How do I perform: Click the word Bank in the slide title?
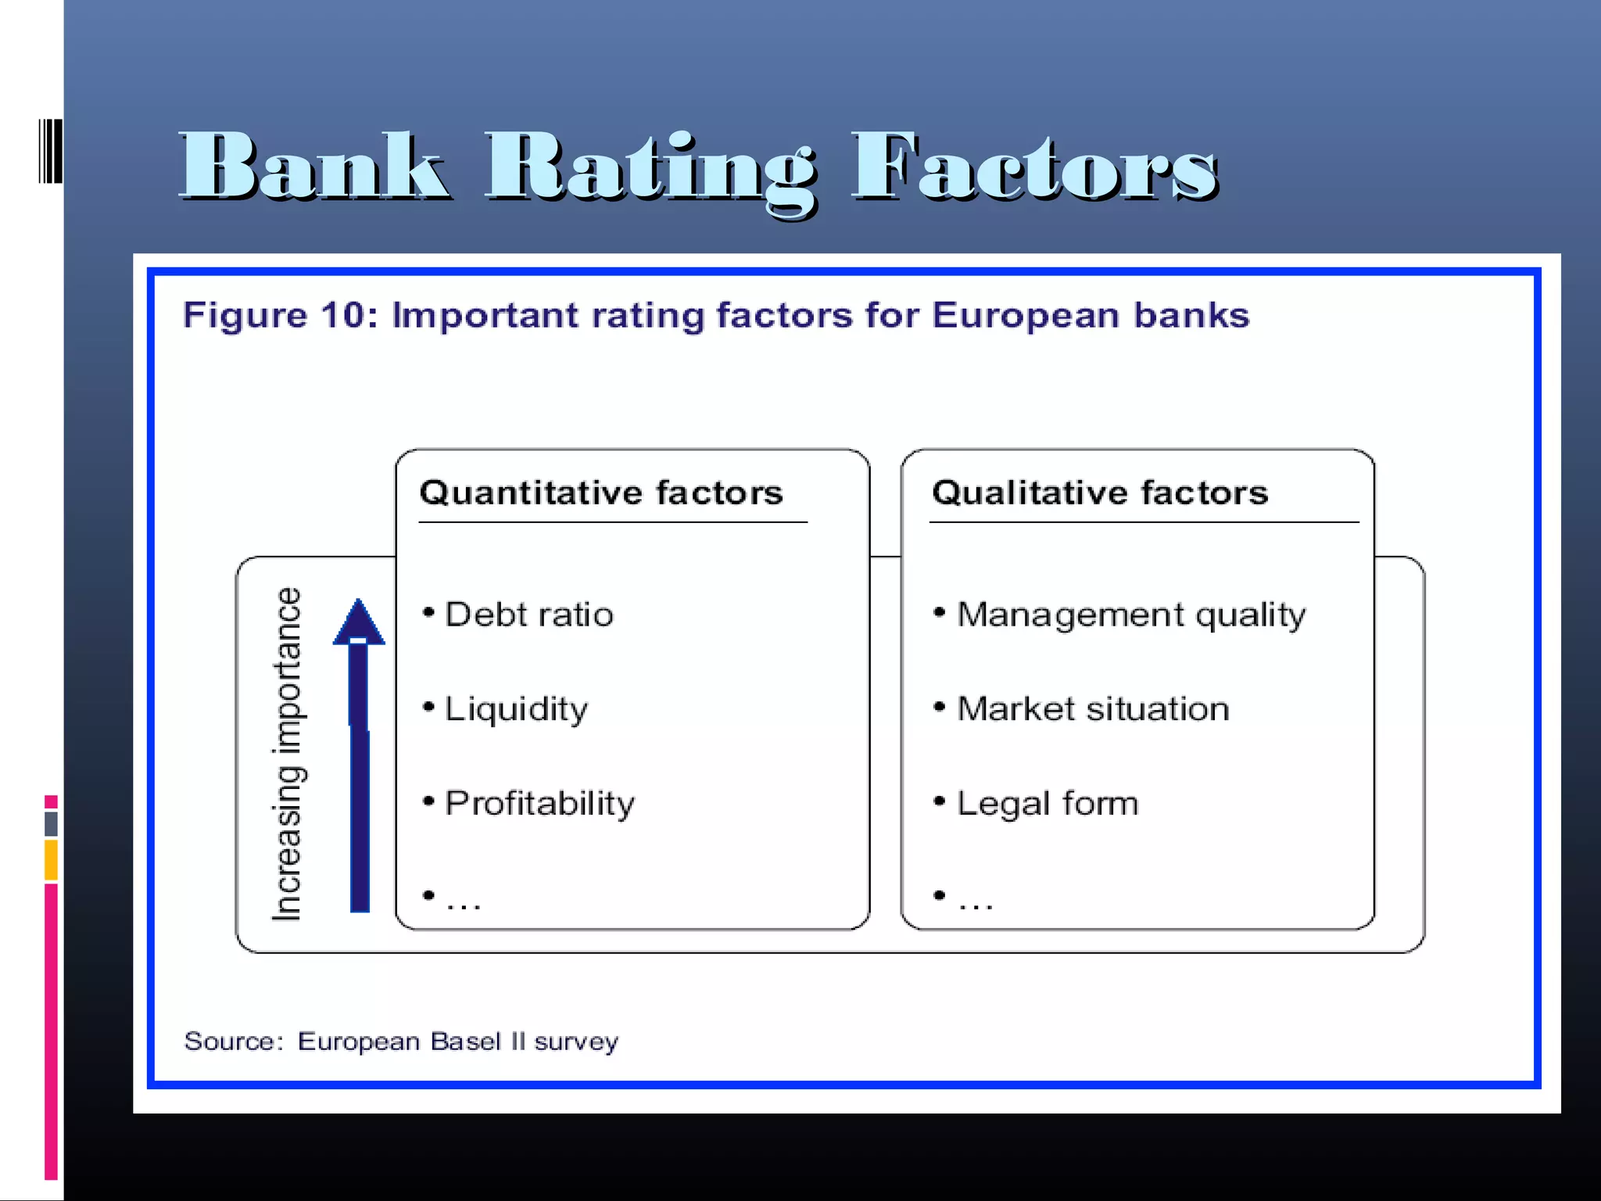314,166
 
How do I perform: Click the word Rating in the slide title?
650,168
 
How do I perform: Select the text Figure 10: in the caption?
280,316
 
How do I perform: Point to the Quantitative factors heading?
600,493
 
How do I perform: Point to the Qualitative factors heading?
1099,493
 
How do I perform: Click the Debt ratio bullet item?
528,615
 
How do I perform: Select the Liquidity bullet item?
516,709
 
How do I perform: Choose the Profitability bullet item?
539,803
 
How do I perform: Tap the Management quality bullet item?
1130,615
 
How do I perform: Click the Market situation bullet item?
1093,709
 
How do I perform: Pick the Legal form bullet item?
1048,804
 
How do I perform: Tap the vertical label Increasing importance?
287,754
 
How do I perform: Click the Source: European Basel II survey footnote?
401,1041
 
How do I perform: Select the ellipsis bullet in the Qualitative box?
975,901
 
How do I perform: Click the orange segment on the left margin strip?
51,860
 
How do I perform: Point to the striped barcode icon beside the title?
50,151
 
